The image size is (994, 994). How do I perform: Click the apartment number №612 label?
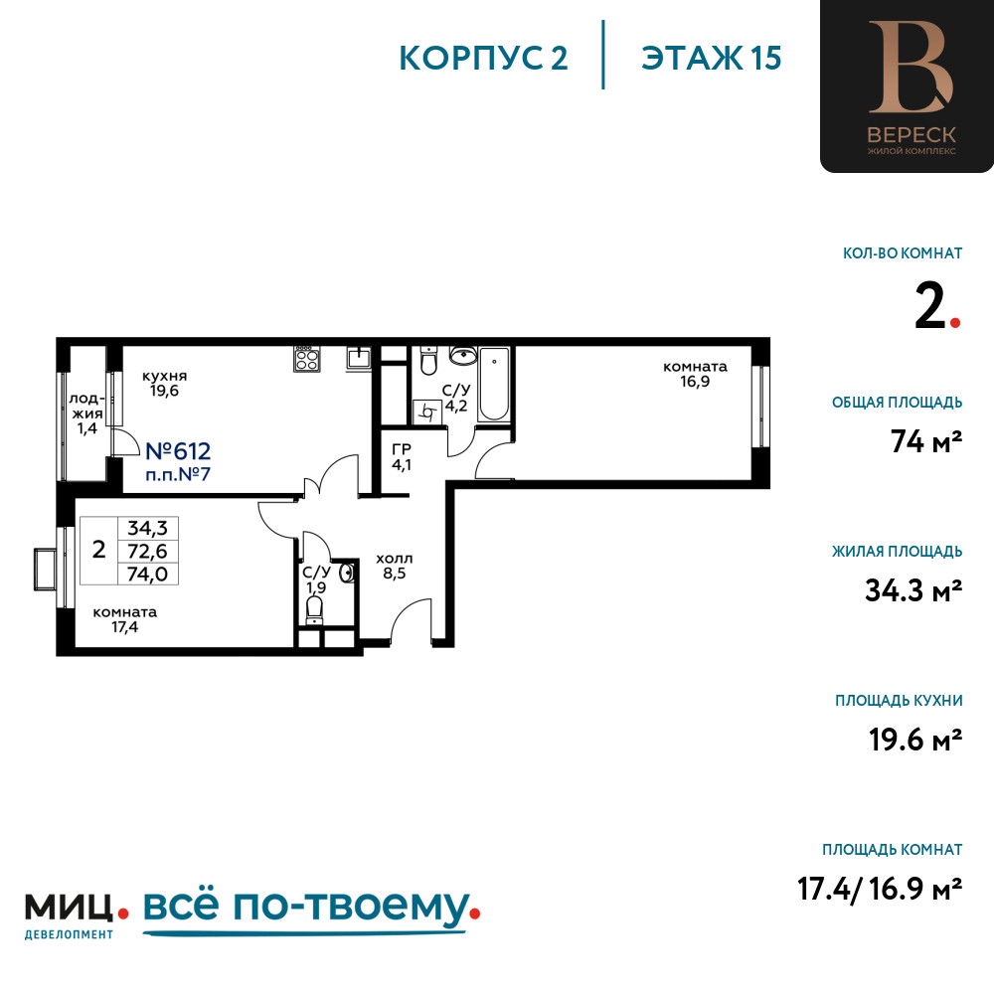[x=178, y=451]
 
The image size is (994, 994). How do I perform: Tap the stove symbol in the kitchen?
[x=306, y=359]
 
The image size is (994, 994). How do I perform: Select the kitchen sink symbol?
[x=359, y=358]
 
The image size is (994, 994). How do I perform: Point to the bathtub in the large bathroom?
[x=493, y=384]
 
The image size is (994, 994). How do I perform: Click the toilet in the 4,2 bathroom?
[x=429, y=361]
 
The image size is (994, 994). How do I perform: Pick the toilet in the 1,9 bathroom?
[x=314, y=610]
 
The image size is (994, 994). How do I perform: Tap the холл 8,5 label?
[x=395, y=567]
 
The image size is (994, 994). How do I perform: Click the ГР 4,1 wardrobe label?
[x=402, y=457]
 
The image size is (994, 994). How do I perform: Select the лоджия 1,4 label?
[x=86, y=414]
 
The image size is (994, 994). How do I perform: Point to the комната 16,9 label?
[x=696, y=374]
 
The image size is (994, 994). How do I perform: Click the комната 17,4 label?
[x=125, y=620]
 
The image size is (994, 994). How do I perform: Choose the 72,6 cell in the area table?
[x=148, y=551]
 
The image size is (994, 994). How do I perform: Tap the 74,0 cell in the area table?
[x=148, y=574]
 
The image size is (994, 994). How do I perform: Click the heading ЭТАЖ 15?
[x=712, y=59]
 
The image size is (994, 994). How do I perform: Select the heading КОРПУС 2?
[x=483, y=59]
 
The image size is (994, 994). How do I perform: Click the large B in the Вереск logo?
[x=911, y=68]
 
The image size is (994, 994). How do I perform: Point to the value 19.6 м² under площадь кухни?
[x=915, y=740]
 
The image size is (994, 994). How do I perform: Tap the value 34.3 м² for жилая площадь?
[x=913, y=590]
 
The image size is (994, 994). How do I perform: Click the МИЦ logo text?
[x=70, y=908]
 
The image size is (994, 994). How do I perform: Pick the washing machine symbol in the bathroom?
[x=427, y=413]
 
